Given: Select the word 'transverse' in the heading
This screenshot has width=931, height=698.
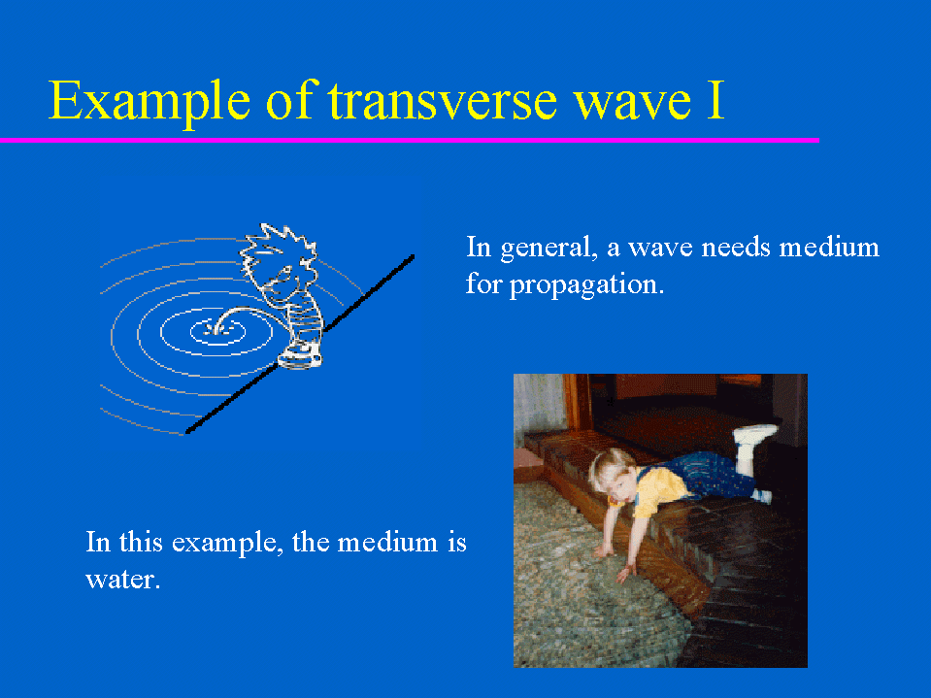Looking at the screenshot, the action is (443, 100).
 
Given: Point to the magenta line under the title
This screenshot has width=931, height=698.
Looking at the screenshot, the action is (410, 140).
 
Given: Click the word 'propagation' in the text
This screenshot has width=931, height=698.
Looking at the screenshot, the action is (586, 284).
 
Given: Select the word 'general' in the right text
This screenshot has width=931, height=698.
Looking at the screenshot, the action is (549, 249).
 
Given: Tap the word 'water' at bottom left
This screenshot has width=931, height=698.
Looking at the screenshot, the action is (122, 580).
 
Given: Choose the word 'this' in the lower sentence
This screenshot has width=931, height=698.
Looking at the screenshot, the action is (140, 542).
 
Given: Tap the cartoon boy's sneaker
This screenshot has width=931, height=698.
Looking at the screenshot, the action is (300, 355).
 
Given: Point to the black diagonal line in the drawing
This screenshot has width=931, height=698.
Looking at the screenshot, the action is (300, 345).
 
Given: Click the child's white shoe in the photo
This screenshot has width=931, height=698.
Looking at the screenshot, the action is (754, 434).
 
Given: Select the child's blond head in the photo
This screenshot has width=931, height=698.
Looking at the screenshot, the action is (613, 473).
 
